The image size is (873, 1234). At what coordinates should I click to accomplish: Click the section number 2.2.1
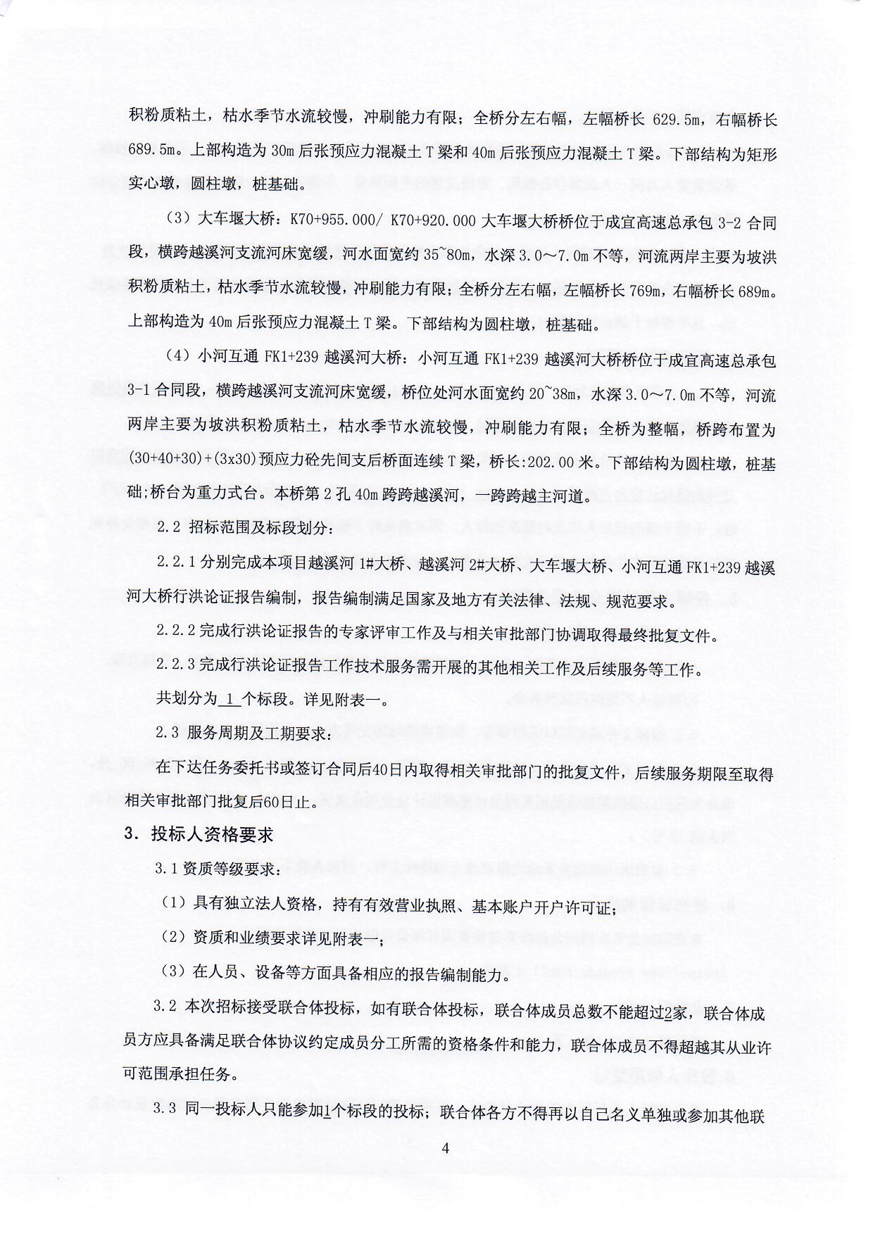pos(176,567)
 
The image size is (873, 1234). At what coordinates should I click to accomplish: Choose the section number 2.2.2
pos(176,635)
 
